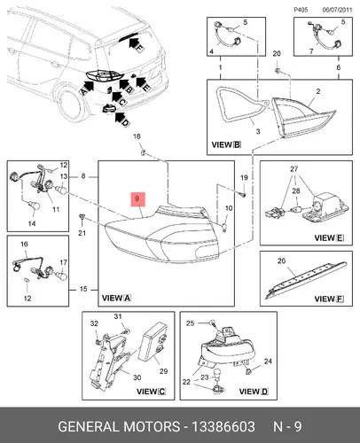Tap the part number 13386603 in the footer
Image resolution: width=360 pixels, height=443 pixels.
(x=223, y=427)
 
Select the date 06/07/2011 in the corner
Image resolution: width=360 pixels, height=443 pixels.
(x=337, y=10)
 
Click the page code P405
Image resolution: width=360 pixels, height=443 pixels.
(x=301, y=10)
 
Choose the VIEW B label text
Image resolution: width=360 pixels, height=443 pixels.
(x=226, y=144)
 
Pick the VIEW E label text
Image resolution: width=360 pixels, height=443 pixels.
(x=329, y=237)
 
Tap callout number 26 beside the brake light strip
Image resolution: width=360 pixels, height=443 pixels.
(x=282, y=260)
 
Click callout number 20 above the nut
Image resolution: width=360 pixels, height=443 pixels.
(x=277, y=53)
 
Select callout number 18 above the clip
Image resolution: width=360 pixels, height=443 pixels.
(x=137, y=136)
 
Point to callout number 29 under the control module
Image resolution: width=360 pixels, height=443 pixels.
(x=163, y=371)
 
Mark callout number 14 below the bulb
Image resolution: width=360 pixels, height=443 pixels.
(x=32, y=223)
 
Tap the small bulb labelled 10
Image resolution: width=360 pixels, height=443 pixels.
(x=224, y=227)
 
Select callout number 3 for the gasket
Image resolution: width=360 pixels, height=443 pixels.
(x=258, y=131)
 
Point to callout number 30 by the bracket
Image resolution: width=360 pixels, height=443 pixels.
(x=137, y=377)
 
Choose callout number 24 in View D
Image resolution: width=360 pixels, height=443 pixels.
(x=268, y=361)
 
